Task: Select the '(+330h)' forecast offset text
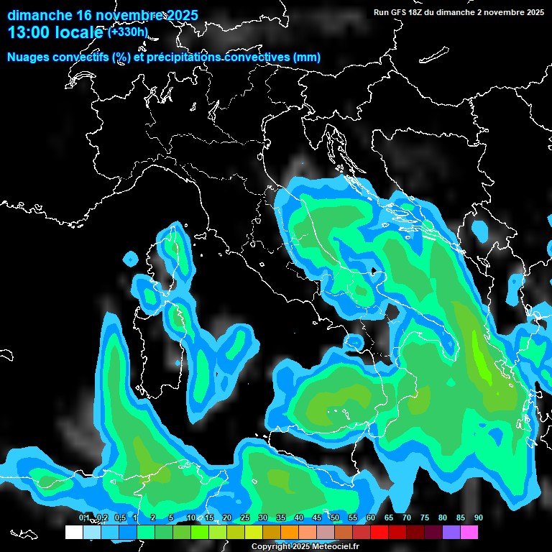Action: (x=127, y=31)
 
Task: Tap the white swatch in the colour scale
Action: (x=73, y=532)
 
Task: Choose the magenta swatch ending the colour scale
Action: (x=469, y=532)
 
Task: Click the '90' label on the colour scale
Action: (x=479, y=517)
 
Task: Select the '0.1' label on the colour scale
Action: (x=84, y=517)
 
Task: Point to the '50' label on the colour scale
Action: (x=335, y=517)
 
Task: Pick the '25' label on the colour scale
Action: (x=245, y=517)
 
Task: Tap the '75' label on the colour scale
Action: (x=425, y=517)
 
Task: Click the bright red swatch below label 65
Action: (x=379, y=532)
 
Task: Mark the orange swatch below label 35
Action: (x=272, y=532)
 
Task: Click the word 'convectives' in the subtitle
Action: (x=258, y=57)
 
